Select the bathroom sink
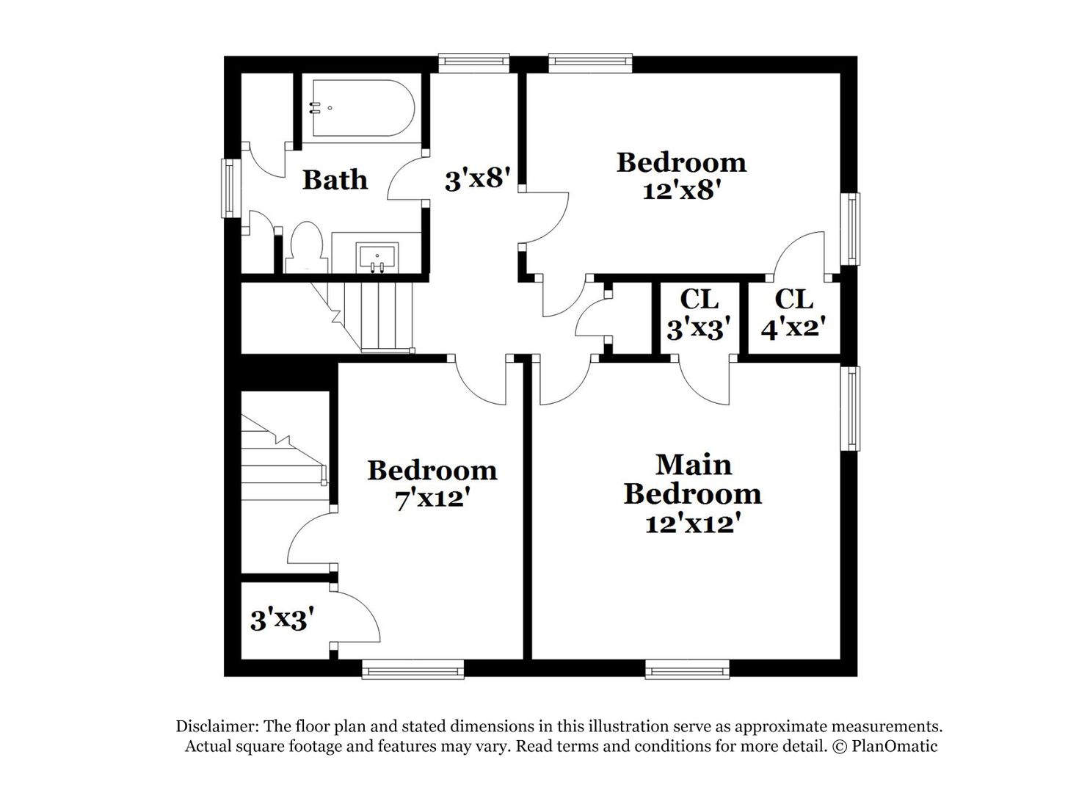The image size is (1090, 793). pyautogui.click(x=377, y=257)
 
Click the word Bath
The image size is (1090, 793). pyautogui.click(x=335, y=179)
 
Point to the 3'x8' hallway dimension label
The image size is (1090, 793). pyautogui.click(x=477, y=179)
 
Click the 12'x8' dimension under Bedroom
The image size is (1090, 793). pyautogui.click(x=679, y=190)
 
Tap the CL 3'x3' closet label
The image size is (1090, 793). pyautogui.click(x=700, y=314)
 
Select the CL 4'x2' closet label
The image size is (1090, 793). pyautogui.click(x=795, y=314)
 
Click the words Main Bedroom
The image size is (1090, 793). pyautogui.click(x=692, y=479)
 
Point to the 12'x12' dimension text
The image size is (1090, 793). pyautogui.click(x=691, y=524)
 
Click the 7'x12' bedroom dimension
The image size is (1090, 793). pyautogui.click(x=432, y=499)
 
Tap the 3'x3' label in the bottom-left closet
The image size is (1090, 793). pyautogui.click(x=283, y=620)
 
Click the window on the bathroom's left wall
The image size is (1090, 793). pyautogui.click(x=231, y=188)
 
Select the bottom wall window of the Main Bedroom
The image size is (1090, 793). pyautogui.click(x=687, y=668)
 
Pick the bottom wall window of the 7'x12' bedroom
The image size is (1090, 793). pyautogui.click(x=413, y=668)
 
